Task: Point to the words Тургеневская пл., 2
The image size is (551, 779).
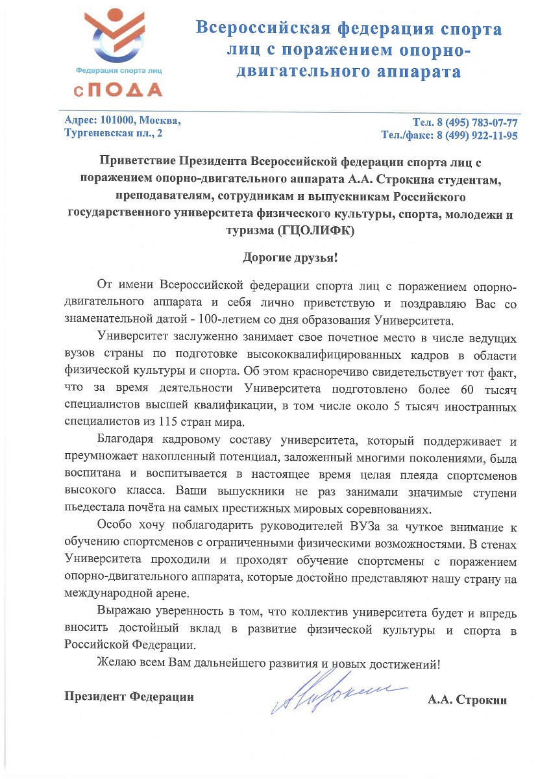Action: (x=114, y=134)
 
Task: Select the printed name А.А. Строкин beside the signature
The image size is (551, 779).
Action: (x=467, y=700)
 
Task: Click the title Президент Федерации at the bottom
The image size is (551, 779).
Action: (x=129, y=697)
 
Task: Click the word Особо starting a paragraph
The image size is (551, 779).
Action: (x=112, y=525)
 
